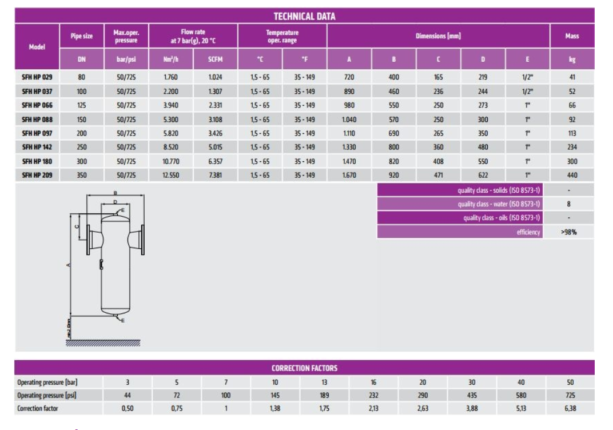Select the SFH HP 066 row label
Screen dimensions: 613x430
37,106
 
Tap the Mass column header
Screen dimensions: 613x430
572,37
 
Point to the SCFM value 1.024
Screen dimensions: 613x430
216,77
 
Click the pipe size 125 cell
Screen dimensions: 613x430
82,106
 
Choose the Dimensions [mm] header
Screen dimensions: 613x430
439,37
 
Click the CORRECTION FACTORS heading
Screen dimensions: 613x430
306,368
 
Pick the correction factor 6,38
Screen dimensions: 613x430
570,409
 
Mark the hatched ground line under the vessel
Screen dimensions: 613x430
103,343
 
